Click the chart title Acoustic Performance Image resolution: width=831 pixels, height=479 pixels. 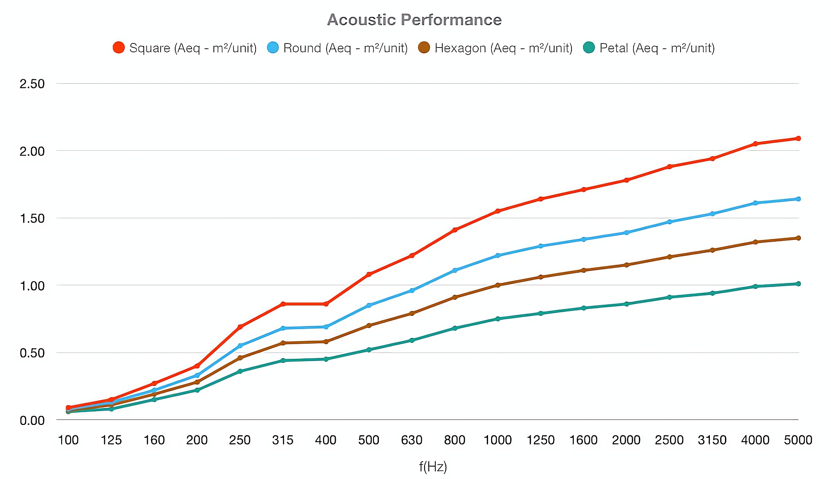414,20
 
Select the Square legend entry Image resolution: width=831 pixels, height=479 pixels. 185,48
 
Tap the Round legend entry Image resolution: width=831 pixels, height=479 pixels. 338,48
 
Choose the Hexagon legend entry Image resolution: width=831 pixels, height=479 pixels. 496,48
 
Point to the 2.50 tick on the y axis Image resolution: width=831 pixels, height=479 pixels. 32,84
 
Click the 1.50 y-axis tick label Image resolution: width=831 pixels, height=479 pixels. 32,218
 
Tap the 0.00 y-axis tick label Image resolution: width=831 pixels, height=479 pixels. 32,420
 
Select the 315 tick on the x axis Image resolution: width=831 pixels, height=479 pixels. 283,440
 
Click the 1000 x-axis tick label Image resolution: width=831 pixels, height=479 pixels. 497,440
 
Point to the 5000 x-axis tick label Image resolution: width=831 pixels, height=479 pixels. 798,440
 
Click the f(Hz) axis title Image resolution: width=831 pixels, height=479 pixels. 433,467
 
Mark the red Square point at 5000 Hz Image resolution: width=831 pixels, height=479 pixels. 798,138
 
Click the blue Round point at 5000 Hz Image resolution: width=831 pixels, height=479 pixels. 798,199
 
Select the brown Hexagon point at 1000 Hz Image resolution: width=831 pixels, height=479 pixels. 497,285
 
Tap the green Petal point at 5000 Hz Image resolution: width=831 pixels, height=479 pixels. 798,284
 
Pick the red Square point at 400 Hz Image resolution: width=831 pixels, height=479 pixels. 326,304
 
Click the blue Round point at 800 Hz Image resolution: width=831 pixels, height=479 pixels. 455,270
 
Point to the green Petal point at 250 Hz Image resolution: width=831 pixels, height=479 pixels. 240,371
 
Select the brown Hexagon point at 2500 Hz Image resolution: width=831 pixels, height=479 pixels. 670,257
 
